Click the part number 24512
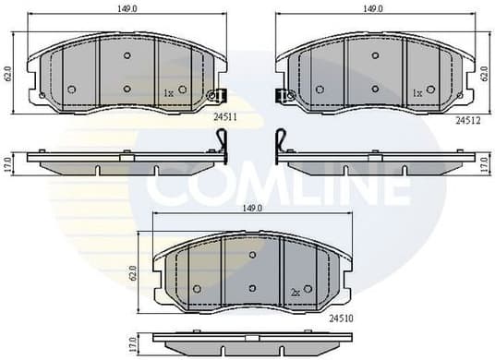tap(469, 119)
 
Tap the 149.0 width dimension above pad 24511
tap(128, 9)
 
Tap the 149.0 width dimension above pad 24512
tap(372, 9)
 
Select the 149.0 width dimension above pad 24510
tap(251, 209)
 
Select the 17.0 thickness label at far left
tap(8, 162)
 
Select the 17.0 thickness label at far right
tap(486, 164)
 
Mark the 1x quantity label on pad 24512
tap(417, 93)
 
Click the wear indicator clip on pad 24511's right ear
tap(218, 94)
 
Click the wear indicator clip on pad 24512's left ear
tap(284, 94)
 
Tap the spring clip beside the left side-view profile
tap(222, 144)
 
